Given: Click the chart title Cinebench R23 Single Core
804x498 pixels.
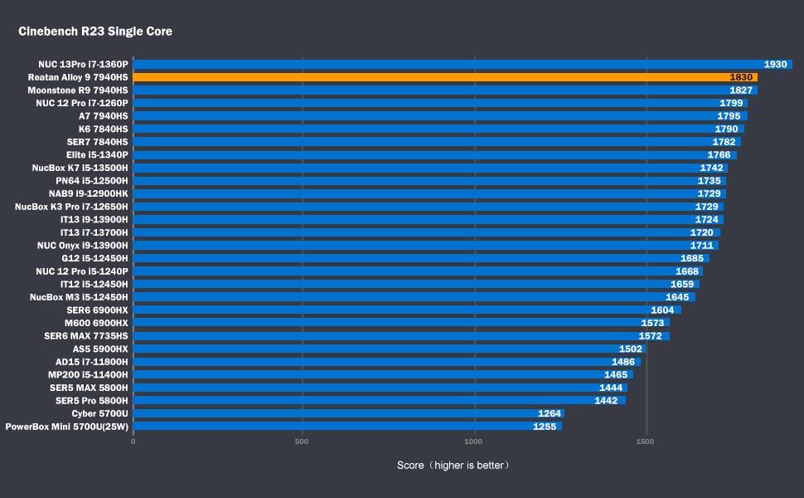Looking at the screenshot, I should coord(95,32).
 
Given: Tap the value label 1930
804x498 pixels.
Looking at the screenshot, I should coord(775,64).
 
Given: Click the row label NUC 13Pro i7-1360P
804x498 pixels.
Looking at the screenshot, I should coord(83,64).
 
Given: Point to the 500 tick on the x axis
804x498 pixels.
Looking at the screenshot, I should coord(302,442).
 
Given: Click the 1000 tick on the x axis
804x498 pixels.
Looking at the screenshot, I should coord(474,442).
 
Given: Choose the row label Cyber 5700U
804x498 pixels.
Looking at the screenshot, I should coord(99,413).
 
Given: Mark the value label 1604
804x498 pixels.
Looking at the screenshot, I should coord(662,310).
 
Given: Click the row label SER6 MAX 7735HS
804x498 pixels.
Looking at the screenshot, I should coord(86,336).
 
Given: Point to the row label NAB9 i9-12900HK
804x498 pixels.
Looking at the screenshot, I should coord(89,193).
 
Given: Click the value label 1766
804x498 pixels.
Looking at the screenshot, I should coord(719,154).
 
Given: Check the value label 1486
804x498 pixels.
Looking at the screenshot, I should coord(623,362).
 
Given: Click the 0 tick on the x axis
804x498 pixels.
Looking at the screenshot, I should coord(133,442).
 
